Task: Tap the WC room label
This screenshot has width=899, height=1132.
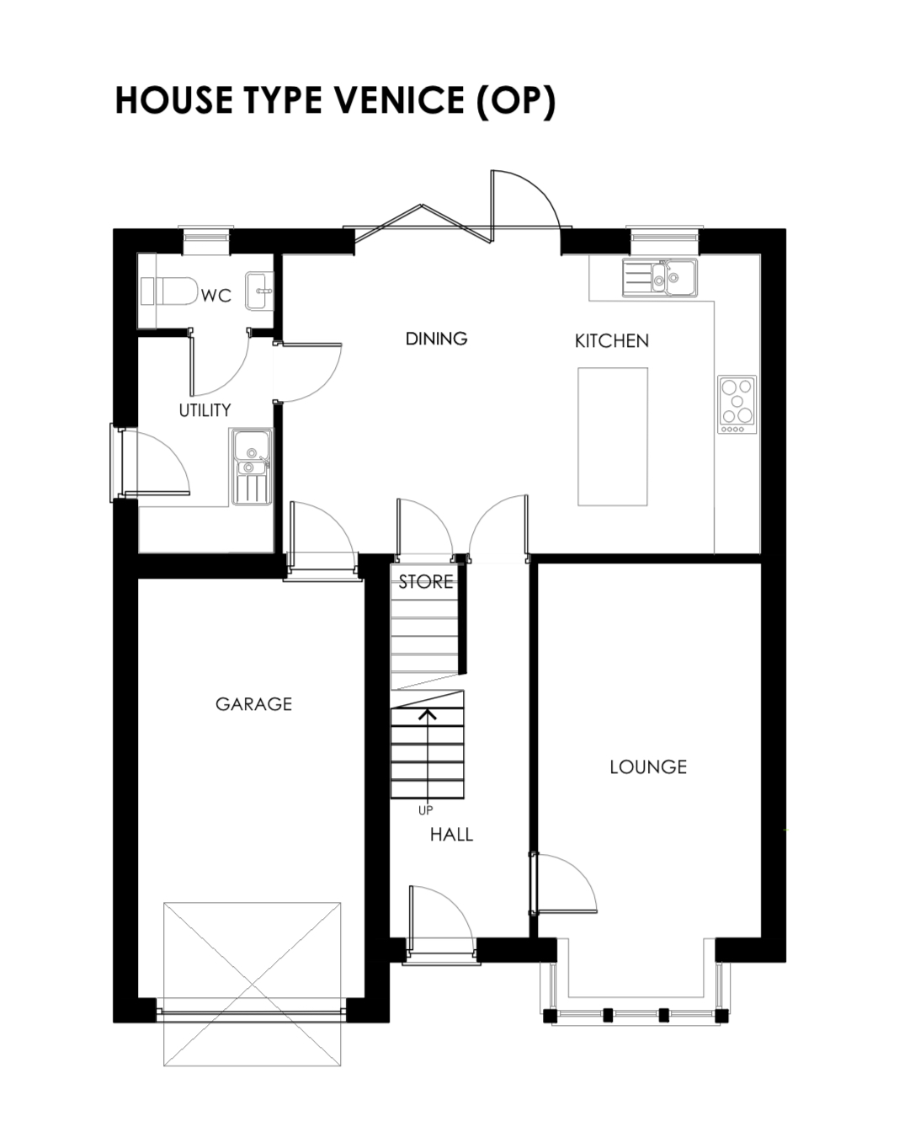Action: point(215,296)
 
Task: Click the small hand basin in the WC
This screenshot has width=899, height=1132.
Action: point(258,291)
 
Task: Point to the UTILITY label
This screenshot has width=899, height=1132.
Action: point(205,410)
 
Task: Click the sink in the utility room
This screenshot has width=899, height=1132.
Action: point(251,466)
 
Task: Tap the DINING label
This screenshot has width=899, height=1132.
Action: point(436,339)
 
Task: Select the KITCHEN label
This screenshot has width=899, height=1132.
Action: point(611,341)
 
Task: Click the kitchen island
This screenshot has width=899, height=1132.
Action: point(613,436)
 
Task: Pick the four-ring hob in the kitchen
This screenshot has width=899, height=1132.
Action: point(737,404)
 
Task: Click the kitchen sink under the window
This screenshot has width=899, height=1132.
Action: point(660,277)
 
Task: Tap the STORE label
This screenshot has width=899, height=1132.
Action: point(426,582)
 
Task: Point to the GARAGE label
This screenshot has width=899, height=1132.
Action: point(254,704)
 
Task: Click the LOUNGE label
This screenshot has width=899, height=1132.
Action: point(648,767)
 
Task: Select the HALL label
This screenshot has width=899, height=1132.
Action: point(451,835)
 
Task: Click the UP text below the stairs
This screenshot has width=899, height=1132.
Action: point(425,810)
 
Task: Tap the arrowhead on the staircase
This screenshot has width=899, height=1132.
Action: point(428,714)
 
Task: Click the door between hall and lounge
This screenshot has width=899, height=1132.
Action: point(562,884)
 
